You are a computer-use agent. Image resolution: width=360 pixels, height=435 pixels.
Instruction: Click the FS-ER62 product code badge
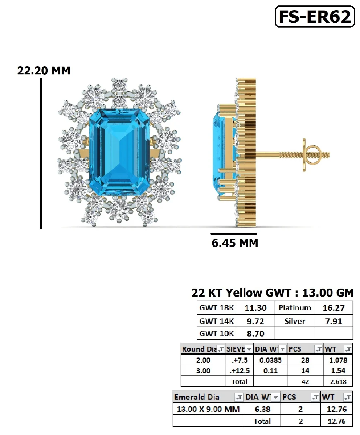[315, 17]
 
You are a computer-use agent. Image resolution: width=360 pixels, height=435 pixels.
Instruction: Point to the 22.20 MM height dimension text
[44, 70]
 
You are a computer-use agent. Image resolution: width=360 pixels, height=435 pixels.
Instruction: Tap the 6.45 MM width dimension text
[235, 243]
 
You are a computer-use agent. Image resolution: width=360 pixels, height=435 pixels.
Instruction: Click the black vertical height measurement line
[41, 152]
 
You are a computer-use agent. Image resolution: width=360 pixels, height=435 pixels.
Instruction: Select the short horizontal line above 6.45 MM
[234, 234]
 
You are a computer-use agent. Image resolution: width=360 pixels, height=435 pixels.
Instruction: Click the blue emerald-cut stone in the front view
[119, 153]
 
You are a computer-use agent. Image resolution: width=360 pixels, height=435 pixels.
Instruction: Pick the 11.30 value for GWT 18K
[255, 308]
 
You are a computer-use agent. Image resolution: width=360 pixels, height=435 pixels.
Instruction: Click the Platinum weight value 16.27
[334, 308]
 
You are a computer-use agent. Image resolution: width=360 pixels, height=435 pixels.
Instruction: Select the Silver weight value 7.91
[334, 321]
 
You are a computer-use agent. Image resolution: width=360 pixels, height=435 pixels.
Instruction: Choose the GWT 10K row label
[217, 333]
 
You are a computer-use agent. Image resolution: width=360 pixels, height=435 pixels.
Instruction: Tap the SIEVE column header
[236, 349]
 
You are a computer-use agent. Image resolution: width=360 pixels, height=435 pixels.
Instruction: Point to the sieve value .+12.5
[240, 371]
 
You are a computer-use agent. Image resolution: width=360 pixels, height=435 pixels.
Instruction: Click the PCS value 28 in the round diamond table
[305, 360]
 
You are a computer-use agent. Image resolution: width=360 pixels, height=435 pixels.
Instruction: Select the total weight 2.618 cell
[338, 381]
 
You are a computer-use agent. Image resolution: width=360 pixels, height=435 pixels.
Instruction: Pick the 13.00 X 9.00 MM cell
[208, 409]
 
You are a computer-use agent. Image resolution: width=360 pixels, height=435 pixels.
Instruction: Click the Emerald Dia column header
[197, 397]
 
